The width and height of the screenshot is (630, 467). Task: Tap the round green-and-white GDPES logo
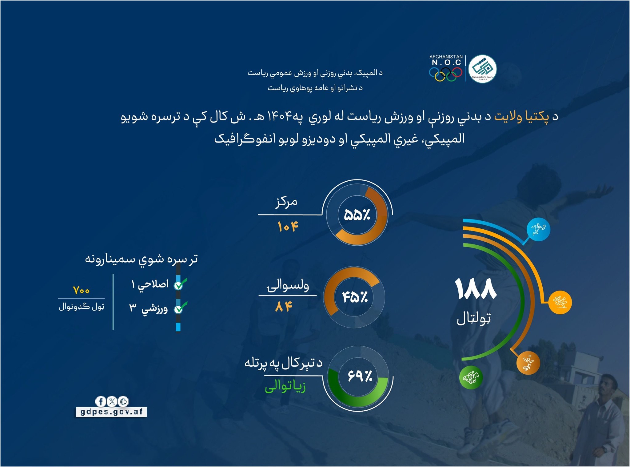click(x=482, y=69)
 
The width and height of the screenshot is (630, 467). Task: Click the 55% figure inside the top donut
click(x=357, y=215)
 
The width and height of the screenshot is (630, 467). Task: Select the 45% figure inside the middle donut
click(x=355, y=297)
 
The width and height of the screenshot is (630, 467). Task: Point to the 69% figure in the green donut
click(x=360, y=376)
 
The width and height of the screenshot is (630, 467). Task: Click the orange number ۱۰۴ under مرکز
click(x=288, y=227)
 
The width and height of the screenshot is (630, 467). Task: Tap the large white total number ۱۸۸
click(x=476, y=289)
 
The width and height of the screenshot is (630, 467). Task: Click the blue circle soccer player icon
click(x=538, y=229)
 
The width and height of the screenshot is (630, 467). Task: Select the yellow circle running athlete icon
click(x=560, y=302)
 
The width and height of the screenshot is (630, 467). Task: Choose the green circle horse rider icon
click(x=471, y=377)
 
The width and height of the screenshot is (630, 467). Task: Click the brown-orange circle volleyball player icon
click(x=528, y=363)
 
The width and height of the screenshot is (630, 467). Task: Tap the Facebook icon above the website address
click(x=101, y=401)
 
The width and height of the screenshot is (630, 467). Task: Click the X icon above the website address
click(x=112, y=401)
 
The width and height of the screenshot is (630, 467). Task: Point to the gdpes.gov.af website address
click(x=111, y=412)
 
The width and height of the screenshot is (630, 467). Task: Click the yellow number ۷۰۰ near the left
click(x=81, y=290)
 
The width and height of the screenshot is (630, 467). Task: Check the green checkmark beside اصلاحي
click(x=180, y=284)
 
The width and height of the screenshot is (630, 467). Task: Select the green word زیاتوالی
click(x=285, y=386)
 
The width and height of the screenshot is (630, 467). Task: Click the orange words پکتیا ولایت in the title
click(x=521, y=117)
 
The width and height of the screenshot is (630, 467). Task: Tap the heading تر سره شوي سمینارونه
click(x=141, y=259)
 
